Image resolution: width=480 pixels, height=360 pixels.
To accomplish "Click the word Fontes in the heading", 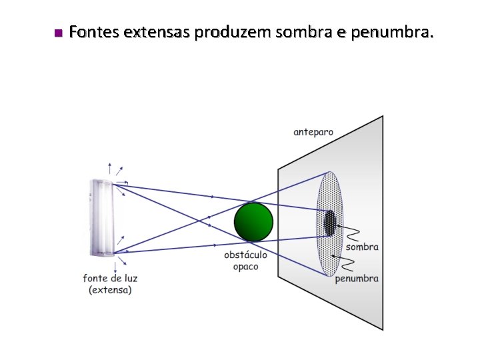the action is click(x=91, y=31).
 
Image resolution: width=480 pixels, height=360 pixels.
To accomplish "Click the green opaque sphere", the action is click(x=253, y=221).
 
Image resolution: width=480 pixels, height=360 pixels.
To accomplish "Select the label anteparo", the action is click(x=313, y=132).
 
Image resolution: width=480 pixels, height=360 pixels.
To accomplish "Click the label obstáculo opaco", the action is click(x=245, y=261).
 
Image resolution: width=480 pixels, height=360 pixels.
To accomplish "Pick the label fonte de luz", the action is click(x=110, y=278).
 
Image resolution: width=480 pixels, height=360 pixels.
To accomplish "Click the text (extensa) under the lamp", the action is click(x=110, y=290).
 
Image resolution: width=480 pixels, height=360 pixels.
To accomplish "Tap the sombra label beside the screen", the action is click(x=362, y=247).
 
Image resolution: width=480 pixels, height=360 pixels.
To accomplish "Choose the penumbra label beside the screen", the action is click(x=357, y=278).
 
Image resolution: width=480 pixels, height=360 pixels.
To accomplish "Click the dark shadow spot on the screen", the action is click(x=329, y=223).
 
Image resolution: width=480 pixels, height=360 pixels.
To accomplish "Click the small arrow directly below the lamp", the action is click(x=115, y=266).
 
